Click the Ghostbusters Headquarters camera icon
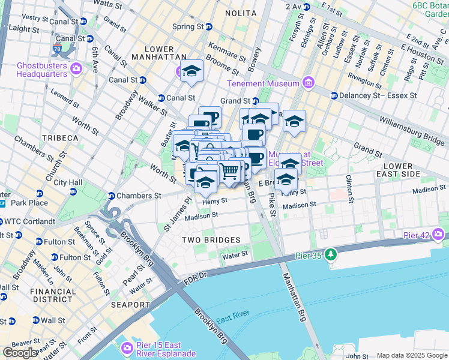(76, 67)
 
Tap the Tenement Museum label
(261, 83)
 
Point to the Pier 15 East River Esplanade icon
(127, 347)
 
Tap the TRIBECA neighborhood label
(59, 138)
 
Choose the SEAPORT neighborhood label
(130, 305)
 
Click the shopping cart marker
(229, 172)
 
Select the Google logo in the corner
(20, 353)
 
